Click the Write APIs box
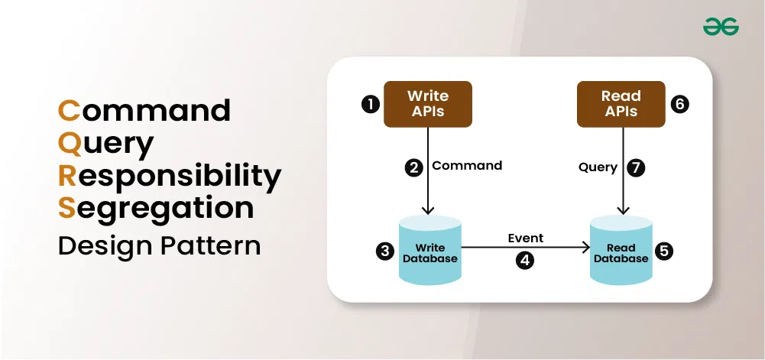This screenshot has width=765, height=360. pos(427,104)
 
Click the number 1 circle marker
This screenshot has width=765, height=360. pos(370,104)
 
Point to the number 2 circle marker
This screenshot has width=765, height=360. pos(414,166)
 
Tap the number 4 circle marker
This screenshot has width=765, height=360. pos(525,260)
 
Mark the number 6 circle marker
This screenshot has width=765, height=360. pos(679,104)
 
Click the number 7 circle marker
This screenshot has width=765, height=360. pos(636,166)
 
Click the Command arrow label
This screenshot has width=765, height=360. pos(467,165)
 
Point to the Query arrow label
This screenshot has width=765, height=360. pos(598,167)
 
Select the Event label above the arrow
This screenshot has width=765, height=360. pos(525,238)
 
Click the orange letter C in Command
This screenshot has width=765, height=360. pos(68,110)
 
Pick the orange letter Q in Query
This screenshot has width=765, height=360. pos(69,143)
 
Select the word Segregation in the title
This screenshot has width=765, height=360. pos(157,209)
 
